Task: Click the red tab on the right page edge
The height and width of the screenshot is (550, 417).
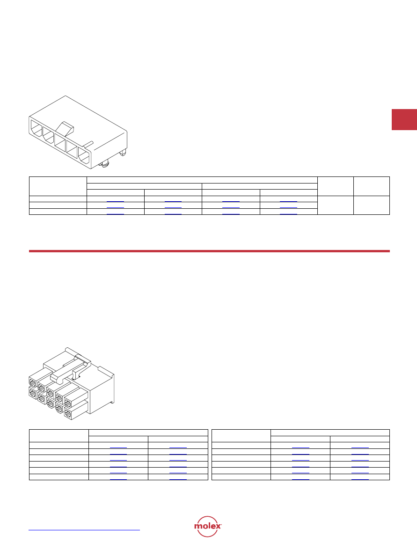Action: point(404,120)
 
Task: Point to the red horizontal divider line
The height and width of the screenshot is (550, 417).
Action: point(209,251)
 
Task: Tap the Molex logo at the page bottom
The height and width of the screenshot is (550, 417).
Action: point(208,526)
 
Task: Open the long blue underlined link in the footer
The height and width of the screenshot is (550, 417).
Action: point(84,530)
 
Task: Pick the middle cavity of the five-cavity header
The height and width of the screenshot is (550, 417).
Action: point(59,140)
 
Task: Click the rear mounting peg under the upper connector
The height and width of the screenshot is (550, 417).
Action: point(123,153)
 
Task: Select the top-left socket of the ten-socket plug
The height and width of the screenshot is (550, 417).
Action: point(33,381)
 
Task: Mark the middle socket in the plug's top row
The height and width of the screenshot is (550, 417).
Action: point(51,392)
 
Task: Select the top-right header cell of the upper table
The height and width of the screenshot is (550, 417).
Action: point(372,186)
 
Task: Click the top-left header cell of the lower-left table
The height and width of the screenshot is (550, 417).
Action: point(59,436)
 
